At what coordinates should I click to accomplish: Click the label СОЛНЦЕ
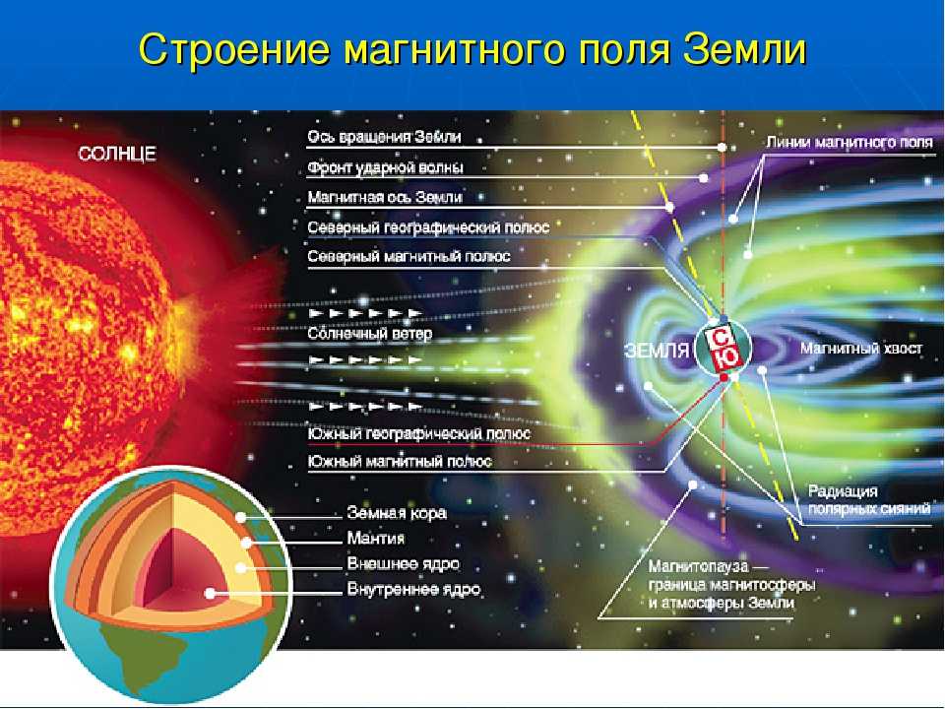click(x=117, y=154)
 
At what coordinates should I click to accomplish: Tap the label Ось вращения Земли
click(x=384, y=137)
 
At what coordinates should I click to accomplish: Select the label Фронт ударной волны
click(x=385, y=167)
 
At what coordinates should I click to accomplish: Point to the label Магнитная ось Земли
click(x=385, y=197)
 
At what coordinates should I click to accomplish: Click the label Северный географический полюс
click(x=428, y=227)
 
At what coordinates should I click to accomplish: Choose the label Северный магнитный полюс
click(x=409, y=256)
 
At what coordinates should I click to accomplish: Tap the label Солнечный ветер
click(x=369, y=334)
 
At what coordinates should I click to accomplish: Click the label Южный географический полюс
click(x=419, y=433)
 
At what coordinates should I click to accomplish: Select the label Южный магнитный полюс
click(x=400, y=462)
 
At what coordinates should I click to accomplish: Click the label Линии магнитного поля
click(x=850, y=142)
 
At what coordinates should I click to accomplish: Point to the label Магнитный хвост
click(x=861, y=349)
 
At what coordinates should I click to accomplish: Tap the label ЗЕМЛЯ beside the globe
click(x=657, y=351)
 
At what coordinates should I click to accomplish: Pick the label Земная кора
click(x=397, y=513)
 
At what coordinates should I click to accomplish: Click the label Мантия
click(x=375, y=538)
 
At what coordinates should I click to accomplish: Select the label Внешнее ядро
click(x=403, y=563)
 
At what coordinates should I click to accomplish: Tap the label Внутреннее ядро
click(x=413, y=589)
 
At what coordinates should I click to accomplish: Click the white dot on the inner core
click(x=210, y=593)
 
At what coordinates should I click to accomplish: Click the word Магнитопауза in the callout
click(x=698, y=567)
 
